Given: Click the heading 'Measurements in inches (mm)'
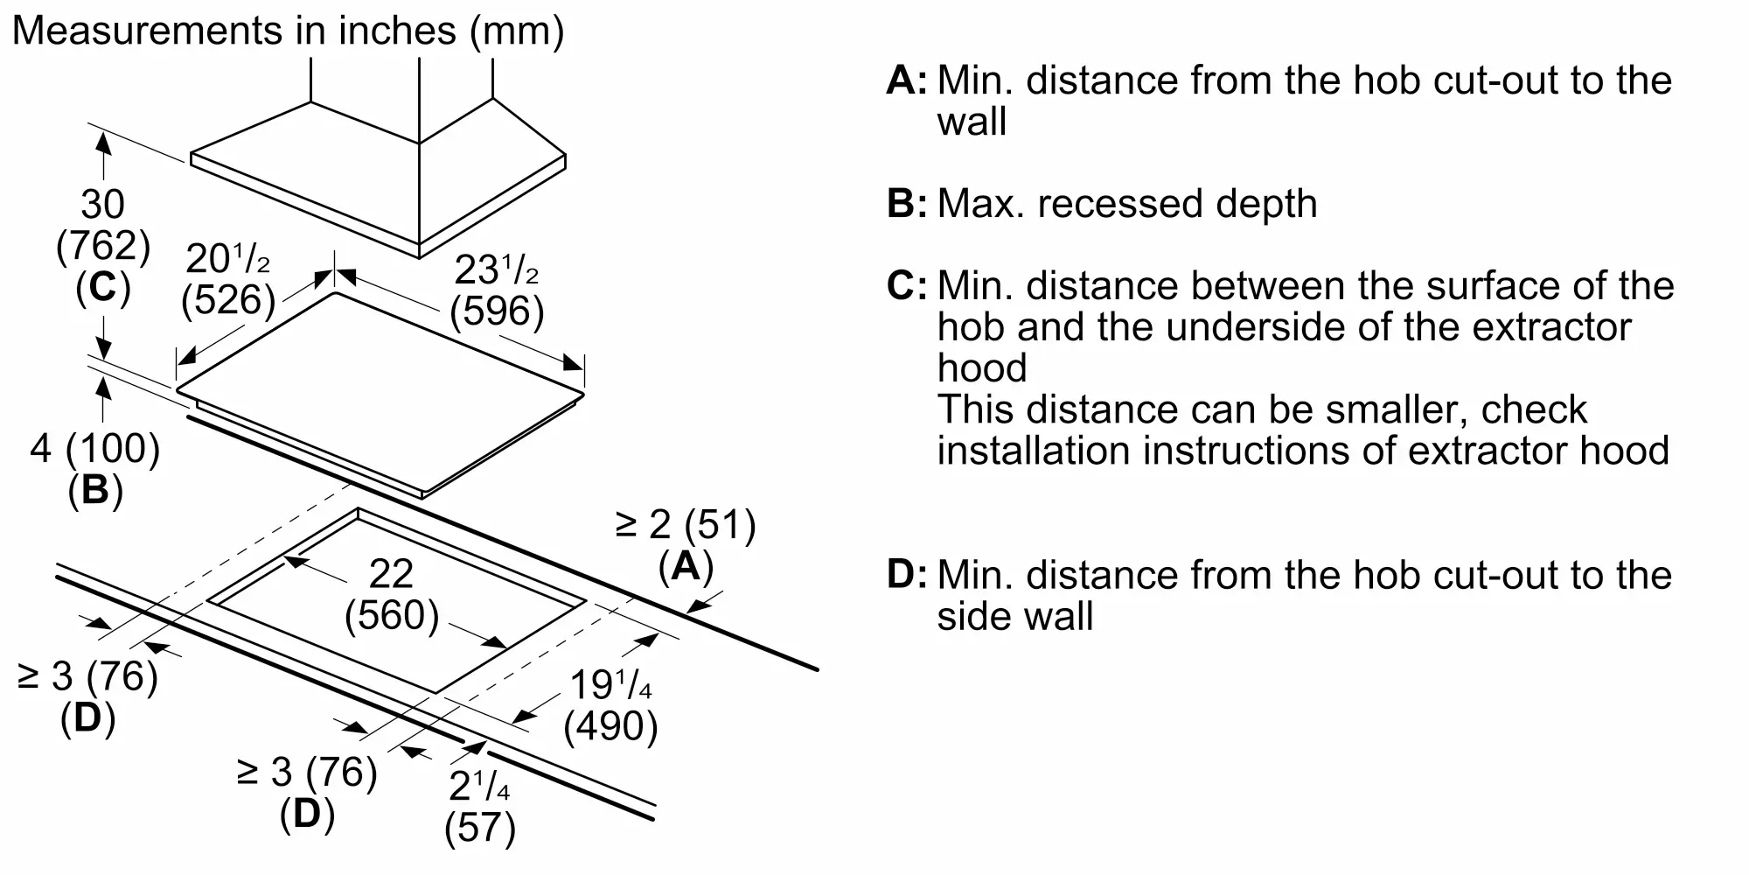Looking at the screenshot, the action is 288,31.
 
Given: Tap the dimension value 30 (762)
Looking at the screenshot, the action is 103,225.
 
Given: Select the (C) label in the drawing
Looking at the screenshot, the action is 103,288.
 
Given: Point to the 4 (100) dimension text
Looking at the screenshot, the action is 95,449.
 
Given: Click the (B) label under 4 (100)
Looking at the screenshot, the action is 95,491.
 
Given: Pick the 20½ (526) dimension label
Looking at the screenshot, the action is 228,279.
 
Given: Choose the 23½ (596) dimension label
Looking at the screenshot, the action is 497,290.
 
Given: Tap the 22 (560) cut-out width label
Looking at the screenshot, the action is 391,595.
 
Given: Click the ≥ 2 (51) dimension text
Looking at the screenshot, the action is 686,524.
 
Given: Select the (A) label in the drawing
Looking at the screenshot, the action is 686,566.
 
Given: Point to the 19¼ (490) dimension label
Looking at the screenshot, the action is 610,705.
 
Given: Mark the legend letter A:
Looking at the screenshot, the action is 906,80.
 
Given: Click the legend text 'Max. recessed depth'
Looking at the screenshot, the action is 1127,204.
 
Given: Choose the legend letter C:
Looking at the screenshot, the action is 906,286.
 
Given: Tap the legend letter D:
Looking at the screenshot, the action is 906,575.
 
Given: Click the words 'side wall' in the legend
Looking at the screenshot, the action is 1015,616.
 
